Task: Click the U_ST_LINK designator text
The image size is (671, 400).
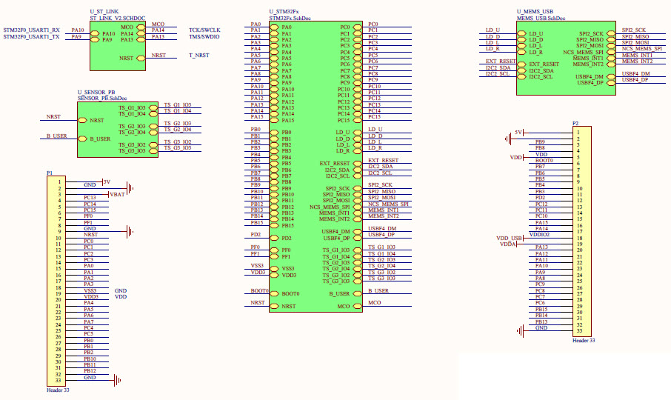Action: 104,13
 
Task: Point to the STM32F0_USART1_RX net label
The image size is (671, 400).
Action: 32,30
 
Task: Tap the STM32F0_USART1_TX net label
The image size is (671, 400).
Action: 32,37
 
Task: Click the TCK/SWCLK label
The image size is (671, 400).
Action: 204,30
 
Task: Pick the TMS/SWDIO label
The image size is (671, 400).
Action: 204,36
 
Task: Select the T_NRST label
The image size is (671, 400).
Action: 199,56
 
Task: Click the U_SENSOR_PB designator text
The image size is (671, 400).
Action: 96,92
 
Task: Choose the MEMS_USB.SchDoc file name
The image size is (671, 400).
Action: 541,18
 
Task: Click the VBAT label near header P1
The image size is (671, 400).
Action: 117,193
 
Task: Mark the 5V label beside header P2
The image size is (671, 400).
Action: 518,132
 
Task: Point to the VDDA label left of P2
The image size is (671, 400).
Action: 507,244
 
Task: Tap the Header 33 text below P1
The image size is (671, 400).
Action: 59,389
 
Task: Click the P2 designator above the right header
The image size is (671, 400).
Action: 575,123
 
